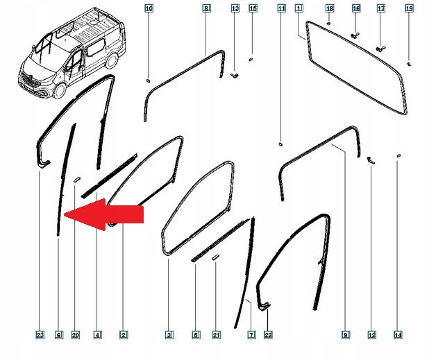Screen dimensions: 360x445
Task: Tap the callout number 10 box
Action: click(149, 8)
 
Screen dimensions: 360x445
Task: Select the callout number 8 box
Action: click(206, 8)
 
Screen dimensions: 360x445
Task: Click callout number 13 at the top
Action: click(235, 8)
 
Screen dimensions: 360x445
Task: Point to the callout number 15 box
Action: click(252, 8)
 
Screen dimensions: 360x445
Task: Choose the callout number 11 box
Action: click(280, 8)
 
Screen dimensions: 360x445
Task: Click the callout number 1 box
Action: click(299, 8)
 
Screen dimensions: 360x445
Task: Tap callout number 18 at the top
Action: click(330, 8)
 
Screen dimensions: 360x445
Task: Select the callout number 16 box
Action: click(356, 8)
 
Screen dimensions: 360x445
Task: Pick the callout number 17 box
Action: click(380, 8)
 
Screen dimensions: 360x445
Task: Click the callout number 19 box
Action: click(409, 8)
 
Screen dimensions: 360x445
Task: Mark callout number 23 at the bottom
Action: click(40, 336)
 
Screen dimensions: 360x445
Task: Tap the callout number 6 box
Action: click(58, 336)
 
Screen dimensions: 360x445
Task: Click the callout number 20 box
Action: click(76, 336)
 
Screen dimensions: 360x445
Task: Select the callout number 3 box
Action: click(169, 336)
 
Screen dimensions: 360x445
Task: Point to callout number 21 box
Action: click(216, 336)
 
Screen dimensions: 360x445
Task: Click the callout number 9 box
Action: click(345, 336)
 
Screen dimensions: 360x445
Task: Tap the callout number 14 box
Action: click(398, 336)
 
